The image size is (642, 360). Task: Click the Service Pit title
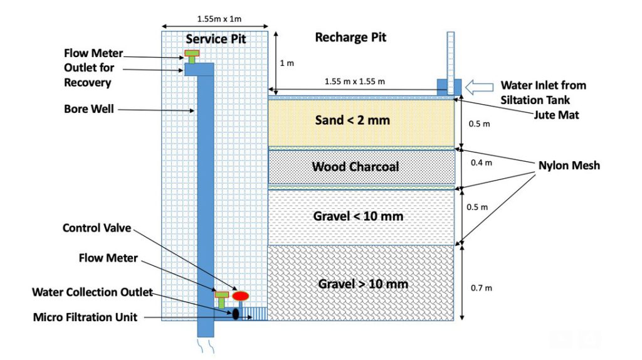pos(216,40)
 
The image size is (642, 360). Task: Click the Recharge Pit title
pos(350,38)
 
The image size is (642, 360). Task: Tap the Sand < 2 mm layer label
pos(361,120)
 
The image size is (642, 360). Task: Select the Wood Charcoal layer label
pos(355,167)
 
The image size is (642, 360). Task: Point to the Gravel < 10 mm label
pos(358,216)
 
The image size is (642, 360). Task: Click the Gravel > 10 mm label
pos(363,283)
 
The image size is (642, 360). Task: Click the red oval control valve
pos(240,295)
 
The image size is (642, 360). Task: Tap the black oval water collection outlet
pos(236,314)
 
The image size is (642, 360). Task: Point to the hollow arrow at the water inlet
pos(481,85)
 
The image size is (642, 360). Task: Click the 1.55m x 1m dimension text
pos(215,19)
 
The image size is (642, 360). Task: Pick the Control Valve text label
pos(97,228)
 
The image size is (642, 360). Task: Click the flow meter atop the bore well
pos(192,56)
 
